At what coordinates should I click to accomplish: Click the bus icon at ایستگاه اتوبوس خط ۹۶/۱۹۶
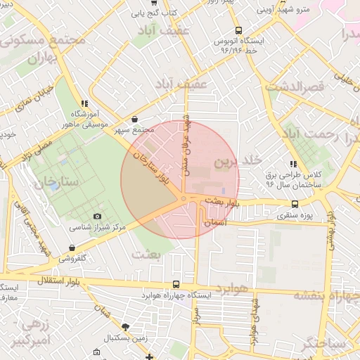point(238,30)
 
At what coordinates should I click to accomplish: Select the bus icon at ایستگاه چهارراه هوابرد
point(175,285)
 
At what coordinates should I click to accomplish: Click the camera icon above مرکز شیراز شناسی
point(97,216)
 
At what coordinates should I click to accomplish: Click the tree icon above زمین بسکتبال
point(125,327)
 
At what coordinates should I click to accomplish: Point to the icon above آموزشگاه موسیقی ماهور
point(84,103)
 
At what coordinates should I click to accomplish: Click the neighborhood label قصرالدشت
point(295,86)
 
